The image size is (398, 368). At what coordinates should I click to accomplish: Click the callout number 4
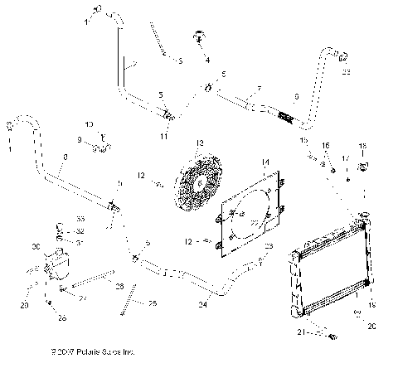click(208, 60)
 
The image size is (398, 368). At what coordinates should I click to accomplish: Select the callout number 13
click(199, 143)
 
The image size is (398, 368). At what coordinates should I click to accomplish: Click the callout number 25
click(152, 305)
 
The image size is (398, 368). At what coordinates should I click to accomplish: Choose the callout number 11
click(164, 133)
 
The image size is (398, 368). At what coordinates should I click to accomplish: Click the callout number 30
click(35, 247)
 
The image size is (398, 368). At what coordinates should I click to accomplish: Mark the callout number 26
click(62, 317)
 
